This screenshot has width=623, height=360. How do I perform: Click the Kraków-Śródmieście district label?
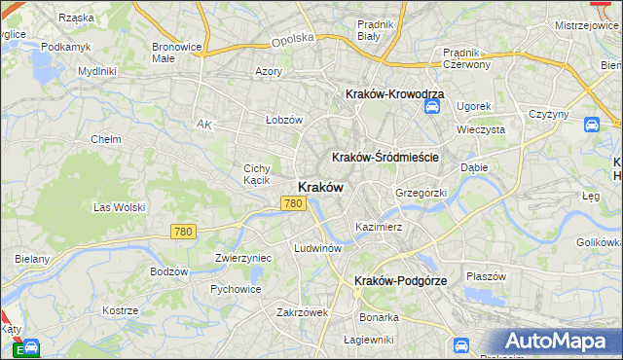point(386,157)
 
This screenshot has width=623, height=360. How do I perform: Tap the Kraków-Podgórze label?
point(400,280)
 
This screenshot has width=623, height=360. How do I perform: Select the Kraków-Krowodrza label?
point(395,93)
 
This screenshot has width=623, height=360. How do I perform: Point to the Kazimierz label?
point(379,226)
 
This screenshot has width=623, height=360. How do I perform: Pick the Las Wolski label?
point(118,207)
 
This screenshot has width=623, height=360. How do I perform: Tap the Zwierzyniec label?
point(242,258)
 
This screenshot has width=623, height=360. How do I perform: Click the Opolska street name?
point(294,38)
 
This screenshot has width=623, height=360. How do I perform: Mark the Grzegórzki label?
point(421,193)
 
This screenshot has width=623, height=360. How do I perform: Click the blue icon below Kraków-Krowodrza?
point(431,106)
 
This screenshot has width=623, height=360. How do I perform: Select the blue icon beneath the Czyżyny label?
point(591,125)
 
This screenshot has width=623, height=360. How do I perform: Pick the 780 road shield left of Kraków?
point(293,203)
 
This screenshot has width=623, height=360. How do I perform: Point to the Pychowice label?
point(234,289)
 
